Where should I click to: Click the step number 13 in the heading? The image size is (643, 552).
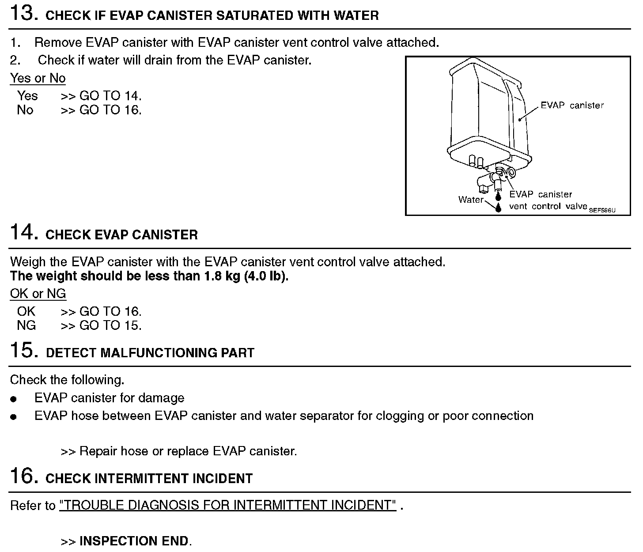(21, 13)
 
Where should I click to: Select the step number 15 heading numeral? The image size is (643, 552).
(21, 350)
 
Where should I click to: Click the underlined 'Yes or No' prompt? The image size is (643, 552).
(38, 78)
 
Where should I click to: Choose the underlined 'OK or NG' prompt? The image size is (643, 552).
(38, 294)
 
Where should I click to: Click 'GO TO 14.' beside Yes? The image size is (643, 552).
(110, 96)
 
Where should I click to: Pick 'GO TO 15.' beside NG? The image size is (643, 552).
(110, 325)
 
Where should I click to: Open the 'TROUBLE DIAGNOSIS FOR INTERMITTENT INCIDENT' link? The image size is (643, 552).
(227, 505)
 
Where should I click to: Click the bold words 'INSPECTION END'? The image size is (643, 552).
(134, 541)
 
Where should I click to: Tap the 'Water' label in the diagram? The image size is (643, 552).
(470, 200)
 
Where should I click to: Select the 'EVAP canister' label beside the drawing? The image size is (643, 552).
(572, 106)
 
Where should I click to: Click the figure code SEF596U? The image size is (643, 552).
(602, 211)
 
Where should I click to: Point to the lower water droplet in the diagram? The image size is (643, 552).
(499, 207)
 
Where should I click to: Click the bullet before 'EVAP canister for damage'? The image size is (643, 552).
(14, 399)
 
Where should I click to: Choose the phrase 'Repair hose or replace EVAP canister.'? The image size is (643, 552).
(188, 451)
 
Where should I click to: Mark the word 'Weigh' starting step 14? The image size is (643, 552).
(27, 262)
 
